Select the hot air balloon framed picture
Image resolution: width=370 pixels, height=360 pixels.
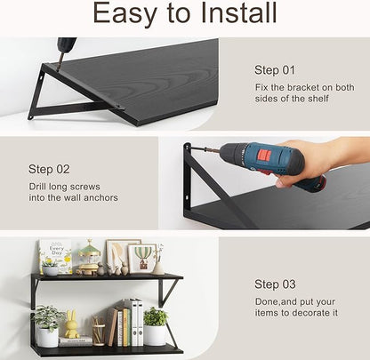pos(141,257)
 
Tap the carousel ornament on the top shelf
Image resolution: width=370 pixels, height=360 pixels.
pos(90,258)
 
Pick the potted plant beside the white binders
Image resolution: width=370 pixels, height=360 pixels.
pos(156,327)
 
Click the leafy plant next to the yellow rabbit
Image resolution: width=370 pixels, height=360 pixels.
pos(48,324)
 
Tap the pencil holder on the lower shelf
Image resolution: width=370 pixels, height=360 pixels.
pos(98,332)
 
